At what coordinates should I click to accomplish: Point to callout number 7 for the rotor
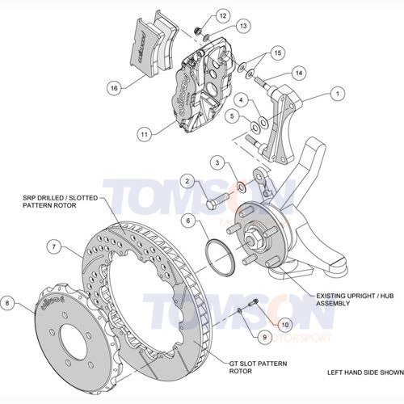pos(53,245)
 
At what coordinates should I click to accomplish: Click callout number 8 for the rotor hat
pos(8,304)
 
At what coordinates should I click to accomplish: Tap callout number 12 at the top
pos(199,17)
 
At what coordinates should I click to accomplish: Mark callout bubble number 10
pos(284,324)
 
